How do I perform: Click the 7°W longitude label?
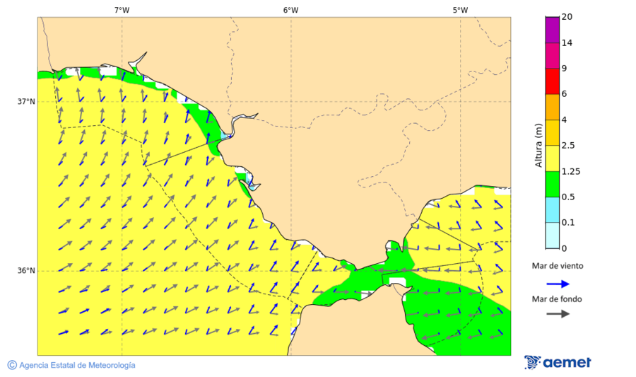(122, 10)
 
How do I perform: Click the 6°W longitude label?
(290, 10)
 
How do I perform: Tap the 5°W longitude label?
(460, 10)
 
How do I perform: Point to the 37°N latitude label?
(26, 102)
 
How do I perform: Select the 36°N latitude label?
(26, 271)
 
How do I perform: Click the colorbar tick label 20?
(567, 17)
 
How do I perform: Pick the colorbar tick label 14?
(567, 42)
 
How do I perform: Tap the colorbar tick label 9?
(564, 69)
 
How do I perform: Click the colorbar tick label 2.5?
(567, 146)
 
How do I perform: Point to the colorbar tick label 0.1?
(567, 223)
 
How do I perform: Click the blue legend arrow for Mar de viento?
(558, 284)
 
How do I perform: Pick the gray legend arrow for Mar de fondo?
(558, 313)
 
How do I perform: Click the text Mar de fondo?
(558, 299)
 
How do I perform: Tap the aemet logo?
(558, 362)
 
